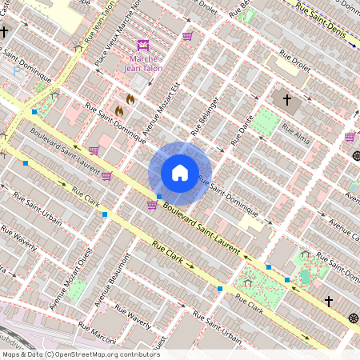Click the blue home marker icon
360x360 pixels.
(x=180, y=172)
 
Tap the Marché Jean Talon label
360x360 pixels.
(x=143, y=62)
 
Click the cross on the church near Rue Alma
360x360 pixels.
(x=286, y=100)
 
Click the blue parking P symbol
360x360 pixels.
(x=17, y=70)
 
